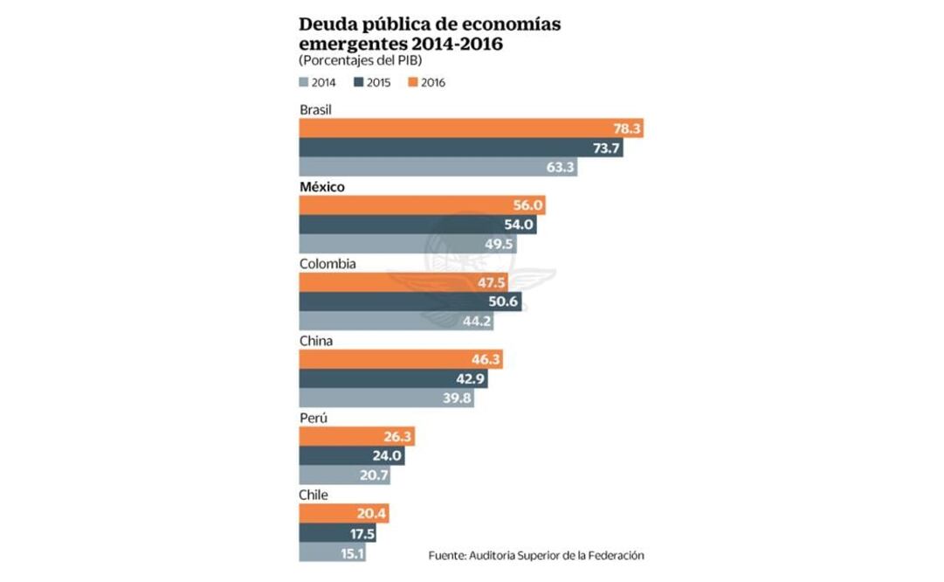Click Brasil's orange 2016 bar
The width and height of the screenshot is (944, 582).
[x=471, y=128]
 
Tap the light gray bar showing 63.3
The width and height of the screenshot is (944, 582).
[x=438, y=167]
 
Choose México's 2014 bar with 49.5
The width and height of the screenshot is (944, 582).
[x=408, y=244]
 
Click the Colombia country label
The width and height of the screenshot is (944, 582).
[x=327, y=263]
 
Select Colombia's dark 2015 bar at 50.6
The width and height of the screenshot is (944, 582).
[x=417, y=301]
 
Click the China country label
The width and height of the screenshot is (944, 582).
[x=316, y=341]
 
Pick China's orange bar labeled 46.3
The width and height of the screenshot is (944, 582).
[x=401, y=359]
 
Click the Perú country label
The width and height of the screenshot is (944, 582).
[x=314, y=418]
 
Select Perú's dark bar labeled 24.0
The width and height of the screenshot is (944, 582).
[x=351, y=455]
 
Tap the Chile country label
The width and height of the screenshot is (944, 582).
[x=314, y=495]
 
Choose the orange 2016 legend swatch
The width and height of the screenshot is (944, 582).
[x=411, y=83]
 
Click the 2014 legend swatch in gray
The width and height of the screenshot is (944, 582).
[x=304, y=83]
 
